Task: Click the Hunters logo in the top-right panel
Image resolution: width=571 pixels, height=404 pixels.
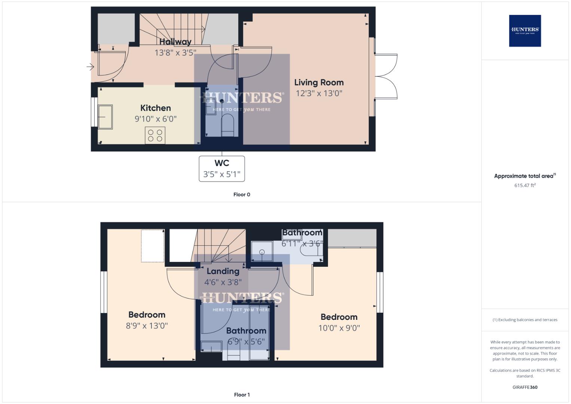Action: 525,31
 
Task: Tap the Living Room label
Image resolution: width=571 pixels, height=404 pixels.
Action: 319,83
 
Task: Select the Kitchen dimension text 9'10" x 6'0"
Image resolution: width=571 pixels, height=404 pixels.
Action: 156,119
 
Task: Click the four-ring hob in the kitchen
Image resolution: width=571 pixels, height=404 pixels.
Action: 155,135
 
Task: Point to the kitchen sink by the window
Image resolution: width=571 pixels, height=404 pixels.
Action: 105,117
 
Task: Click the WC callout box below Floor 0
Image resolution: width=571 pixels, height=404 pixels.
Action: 222,169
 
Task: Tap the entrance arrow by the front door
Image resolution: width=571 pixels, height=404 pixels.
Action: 90,67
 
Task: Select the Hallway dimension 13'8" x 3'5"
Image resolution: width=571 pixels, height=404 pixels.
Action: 175,53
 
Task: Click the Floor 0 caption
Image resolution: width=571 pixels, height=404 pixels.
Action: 242,195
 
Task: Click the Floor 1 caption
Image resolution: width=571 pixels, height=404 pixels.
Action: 242,395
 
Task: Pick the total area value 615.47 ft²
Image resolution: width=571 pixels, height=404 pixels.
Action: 525,185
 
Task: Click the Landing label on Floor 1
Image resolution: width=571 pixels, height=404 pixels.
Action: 223,271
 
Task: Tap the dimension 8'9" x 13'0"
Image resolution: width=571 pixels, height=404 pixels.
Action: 147,326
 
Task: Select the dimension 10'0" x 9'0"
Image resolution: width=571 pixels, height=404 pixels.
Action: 339,328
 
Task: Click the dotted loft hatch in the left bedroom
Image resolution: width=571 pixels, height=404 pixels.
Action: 153,246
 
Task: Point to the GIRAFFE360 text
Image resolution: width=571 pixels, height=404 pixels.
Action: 525,387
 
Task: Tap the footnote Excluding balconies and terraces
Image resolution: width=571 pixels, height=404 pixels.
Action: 525,320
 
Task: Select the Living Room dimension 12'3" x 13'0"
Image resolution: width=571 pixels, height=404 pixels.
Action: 319,94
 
